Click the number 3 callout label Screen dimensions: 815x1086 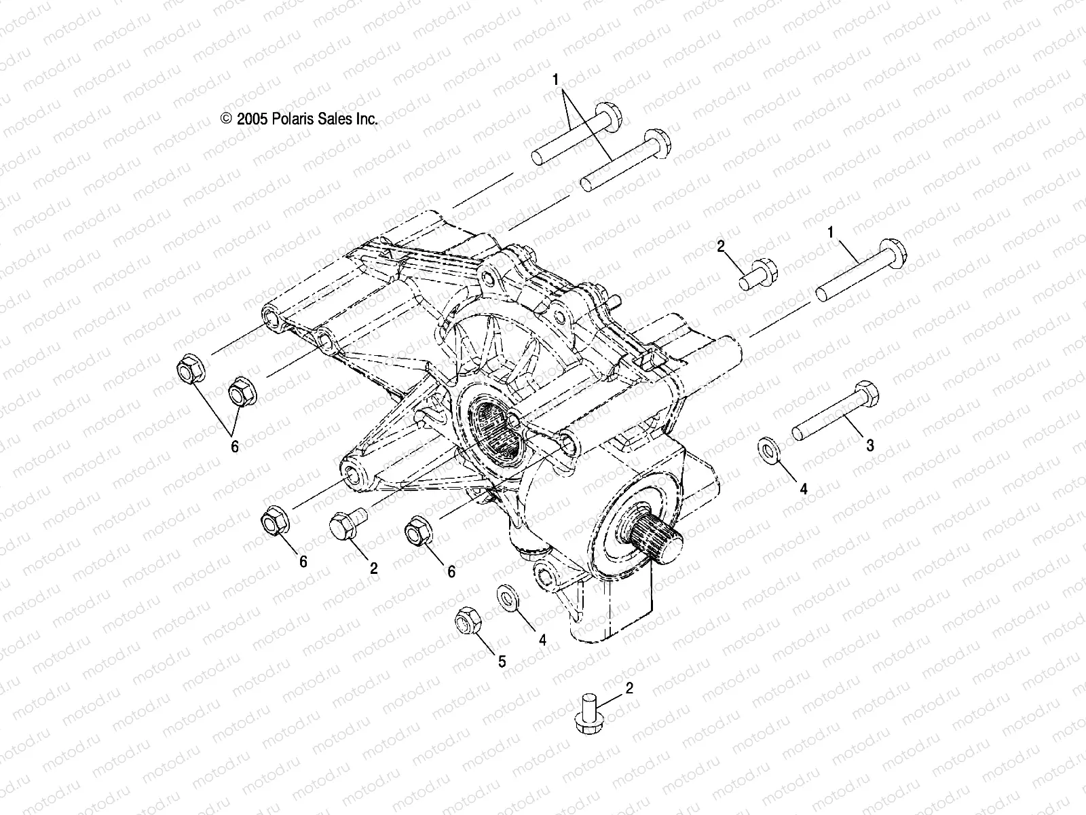click(869, 446)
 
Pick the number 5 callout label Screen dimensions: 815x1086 click(502, 662)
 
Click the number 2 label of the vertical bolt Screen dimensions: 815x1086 click(629, 689)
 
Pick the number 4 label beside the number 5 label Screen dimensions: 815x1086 click(542, 639)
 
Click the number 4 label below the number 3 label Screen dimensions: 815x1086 click(803, 488)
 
